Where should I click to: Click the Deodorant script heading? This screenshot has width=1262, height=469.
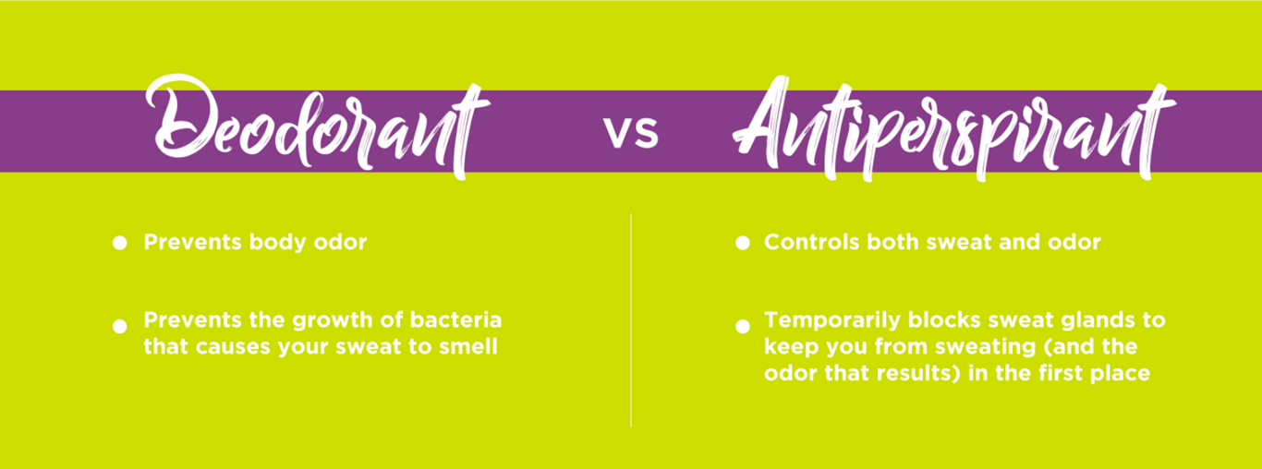tap(319, 129)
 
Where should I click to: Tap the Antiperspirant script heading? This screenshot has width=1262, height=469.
tap(952, 129)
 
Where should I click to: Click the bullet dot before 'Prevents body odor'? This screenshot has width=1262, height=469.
tap(119, 243)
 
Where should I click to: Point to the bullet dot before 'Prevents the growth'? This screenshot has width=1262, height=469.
tap(119, 326)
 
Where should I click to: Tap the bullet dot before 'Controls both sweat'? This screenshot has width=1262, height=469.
tap(741, 243)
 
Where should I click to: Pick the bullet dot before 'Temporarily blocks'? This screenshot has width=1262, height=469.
tap(741, 326)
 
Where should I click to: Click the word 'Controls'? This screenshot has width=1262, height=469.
tap(810, 242)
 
